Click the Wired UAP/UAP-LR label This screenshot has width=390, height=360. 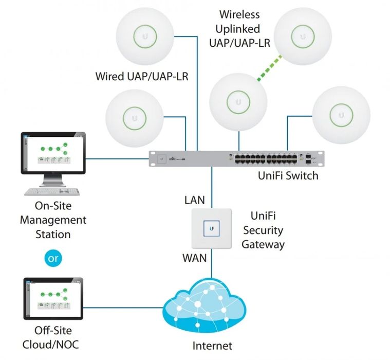point(142,77)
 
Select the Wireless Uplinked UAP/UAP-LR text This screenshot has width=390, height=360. point(239,28)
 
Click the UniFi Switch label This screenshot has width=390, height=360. point(288,175)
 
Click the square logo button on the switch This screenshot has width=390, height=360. point(162,159)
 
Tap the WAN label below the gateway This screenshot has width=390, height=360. point(194,257)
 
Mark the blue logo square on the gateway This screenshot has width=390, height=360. point(212,227)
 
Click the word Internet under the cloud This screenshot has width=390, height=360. point(212,345)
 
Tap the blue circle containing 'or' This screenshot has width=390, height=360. point(53,258)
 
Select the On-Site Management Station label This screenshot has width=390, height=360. point(53,220)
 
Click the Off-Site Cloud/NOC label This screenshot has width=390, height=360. point(53,337)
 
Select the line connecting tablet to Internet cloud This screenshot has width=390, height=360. point(123,308)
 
